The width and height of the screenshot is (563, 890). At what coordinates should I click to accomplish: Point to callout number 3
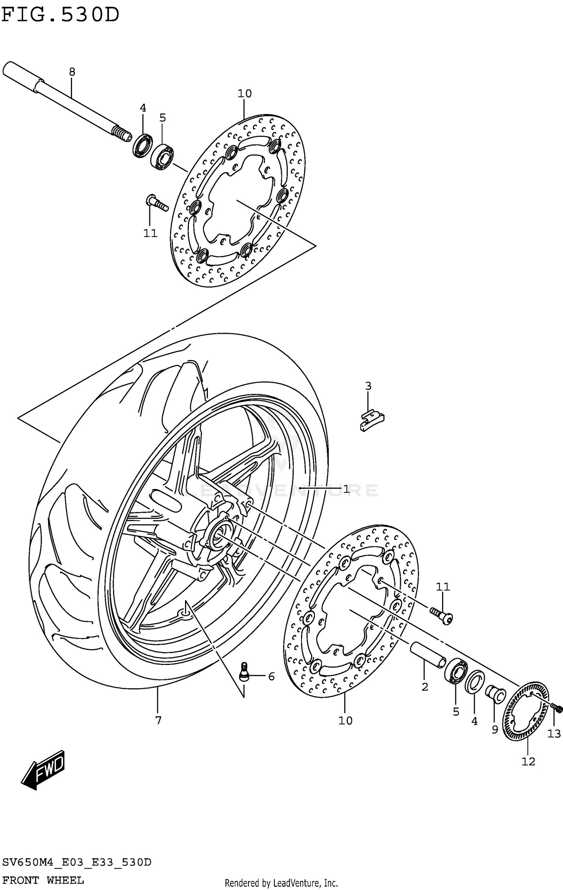coord(368,386)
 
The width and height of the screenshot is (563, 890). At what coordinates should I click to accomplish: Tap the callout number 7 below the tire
coord(158,720)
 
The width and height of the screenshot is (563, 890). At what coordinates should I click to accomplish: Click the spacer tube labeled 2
coord(428,654)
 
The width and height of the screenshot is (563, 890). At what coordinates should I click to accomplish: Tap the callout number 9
coord(495,729)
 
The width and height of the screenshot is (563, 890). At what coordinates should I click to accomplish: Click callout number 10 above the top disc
coord(244,93)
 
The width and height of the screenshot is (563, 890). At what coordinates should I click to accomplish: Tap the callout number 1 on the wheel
coord(346,489)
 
